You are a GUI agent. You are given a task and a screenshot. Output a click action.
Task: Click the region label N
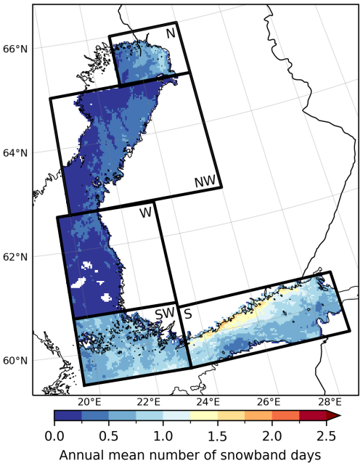coord(170,33)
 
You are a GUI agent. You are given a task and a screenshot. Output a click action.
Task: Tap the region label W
coord(146,213)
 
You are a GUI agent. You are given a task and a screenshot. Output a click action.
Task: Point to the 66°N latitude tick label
coord(15,49)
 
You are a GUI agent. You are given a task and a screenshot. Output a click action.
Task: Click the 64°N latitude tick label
coord(15,153)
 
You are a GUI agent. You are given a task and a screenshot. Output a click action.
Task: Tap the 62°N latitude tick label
coord(15,257)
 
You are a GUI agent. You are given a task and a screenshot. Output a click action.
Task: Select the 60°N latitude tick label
coord(15,361)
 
